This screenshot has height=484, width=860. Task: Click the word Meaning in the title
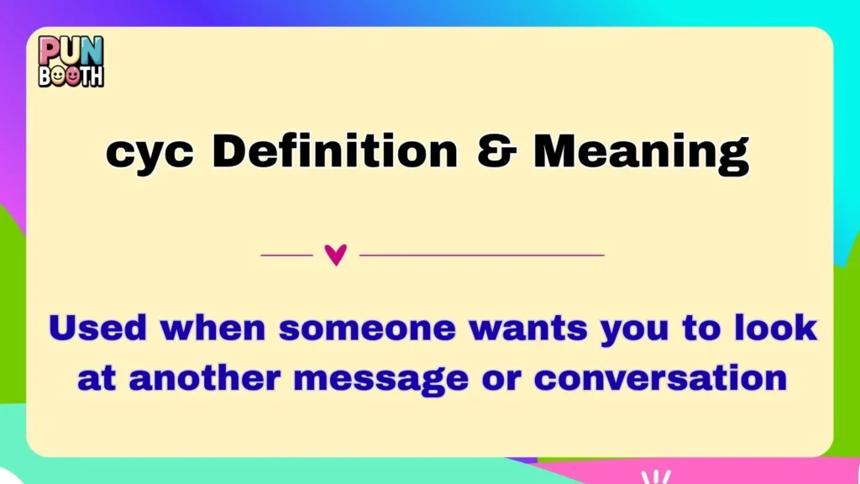641,154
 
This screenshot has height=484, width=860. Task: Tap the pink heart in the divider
335,255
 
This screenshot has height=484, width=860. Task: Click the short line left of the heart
286,255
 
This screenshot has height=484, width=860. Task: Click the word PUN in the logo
71,50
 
